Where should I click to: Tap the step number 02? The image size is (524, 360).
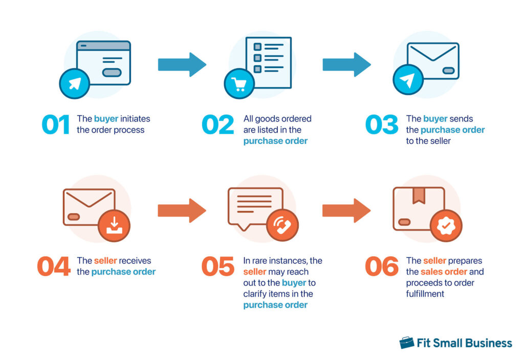tap(218, 125)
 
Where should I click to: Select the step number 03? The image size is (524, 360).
tap(381, 125)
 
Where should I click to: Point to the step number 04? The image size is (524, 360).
tap(53, 266)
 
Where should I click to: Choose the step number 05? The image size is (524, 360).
tap(218, 266)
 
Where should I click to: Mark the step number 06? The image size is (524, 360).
tap(381, 266)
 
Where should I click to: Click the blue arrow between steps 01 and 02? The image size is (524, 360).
tap(182, 65)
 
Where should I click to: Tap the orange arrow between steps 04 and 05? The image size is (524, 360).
tap(182, 210)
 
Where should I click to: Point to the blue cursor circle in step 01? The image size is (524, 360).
tap(75, 83)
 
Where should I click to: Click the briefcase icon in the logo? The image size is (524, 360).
tap(407, 343)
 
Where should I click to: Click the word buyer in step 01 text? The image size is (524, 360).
tap(106, 119)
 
